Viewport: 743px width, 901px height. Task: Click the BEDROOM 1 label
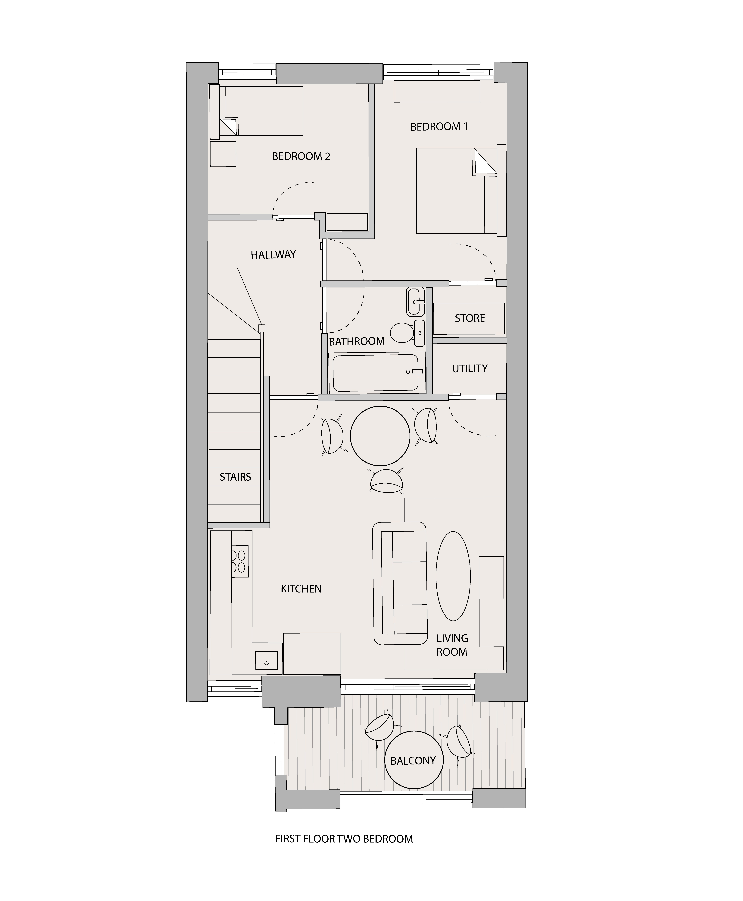pos(439,127)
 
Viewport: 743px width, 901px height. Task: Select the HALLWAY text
pos(273,255)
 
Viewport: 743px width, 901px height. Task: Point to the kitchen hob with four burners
pos(240,561)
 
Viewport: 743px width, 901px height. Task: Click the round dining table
pos(380,436)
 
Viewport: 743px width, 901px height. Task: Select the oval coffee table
pos(453,576)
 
